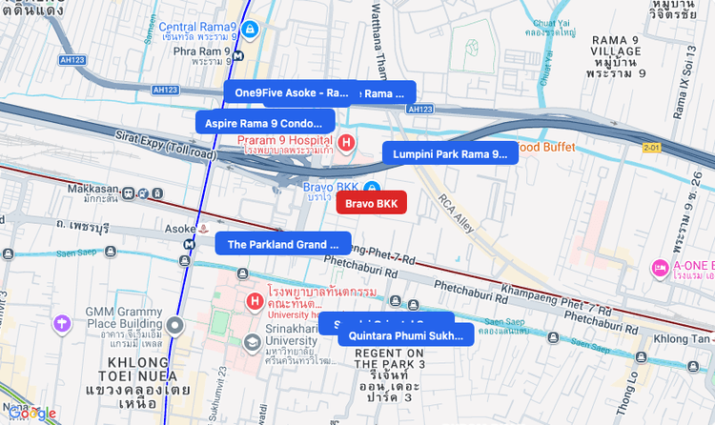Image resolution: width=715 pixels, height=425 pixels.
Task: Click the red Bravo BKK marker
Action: tap(372, 203)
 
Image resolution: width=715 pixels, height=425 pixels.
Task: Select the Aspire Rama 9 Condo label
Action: tap(264, 123)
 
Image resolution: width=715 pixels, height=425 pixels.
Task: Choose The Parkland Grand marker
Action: tap(282, 244)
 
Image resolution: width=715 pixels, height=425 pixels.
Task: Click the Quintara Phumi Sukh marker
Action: tap(406, 335)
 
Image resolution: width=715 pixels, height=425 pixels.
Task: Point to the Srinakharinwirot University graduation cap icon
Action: tap(252, 342)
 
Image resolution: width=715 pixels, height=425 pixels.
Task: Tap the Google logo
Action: tap(33, 413)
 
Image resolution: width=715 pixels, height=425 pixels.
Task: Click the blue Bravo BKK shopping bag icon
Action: tap(373, 186)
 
